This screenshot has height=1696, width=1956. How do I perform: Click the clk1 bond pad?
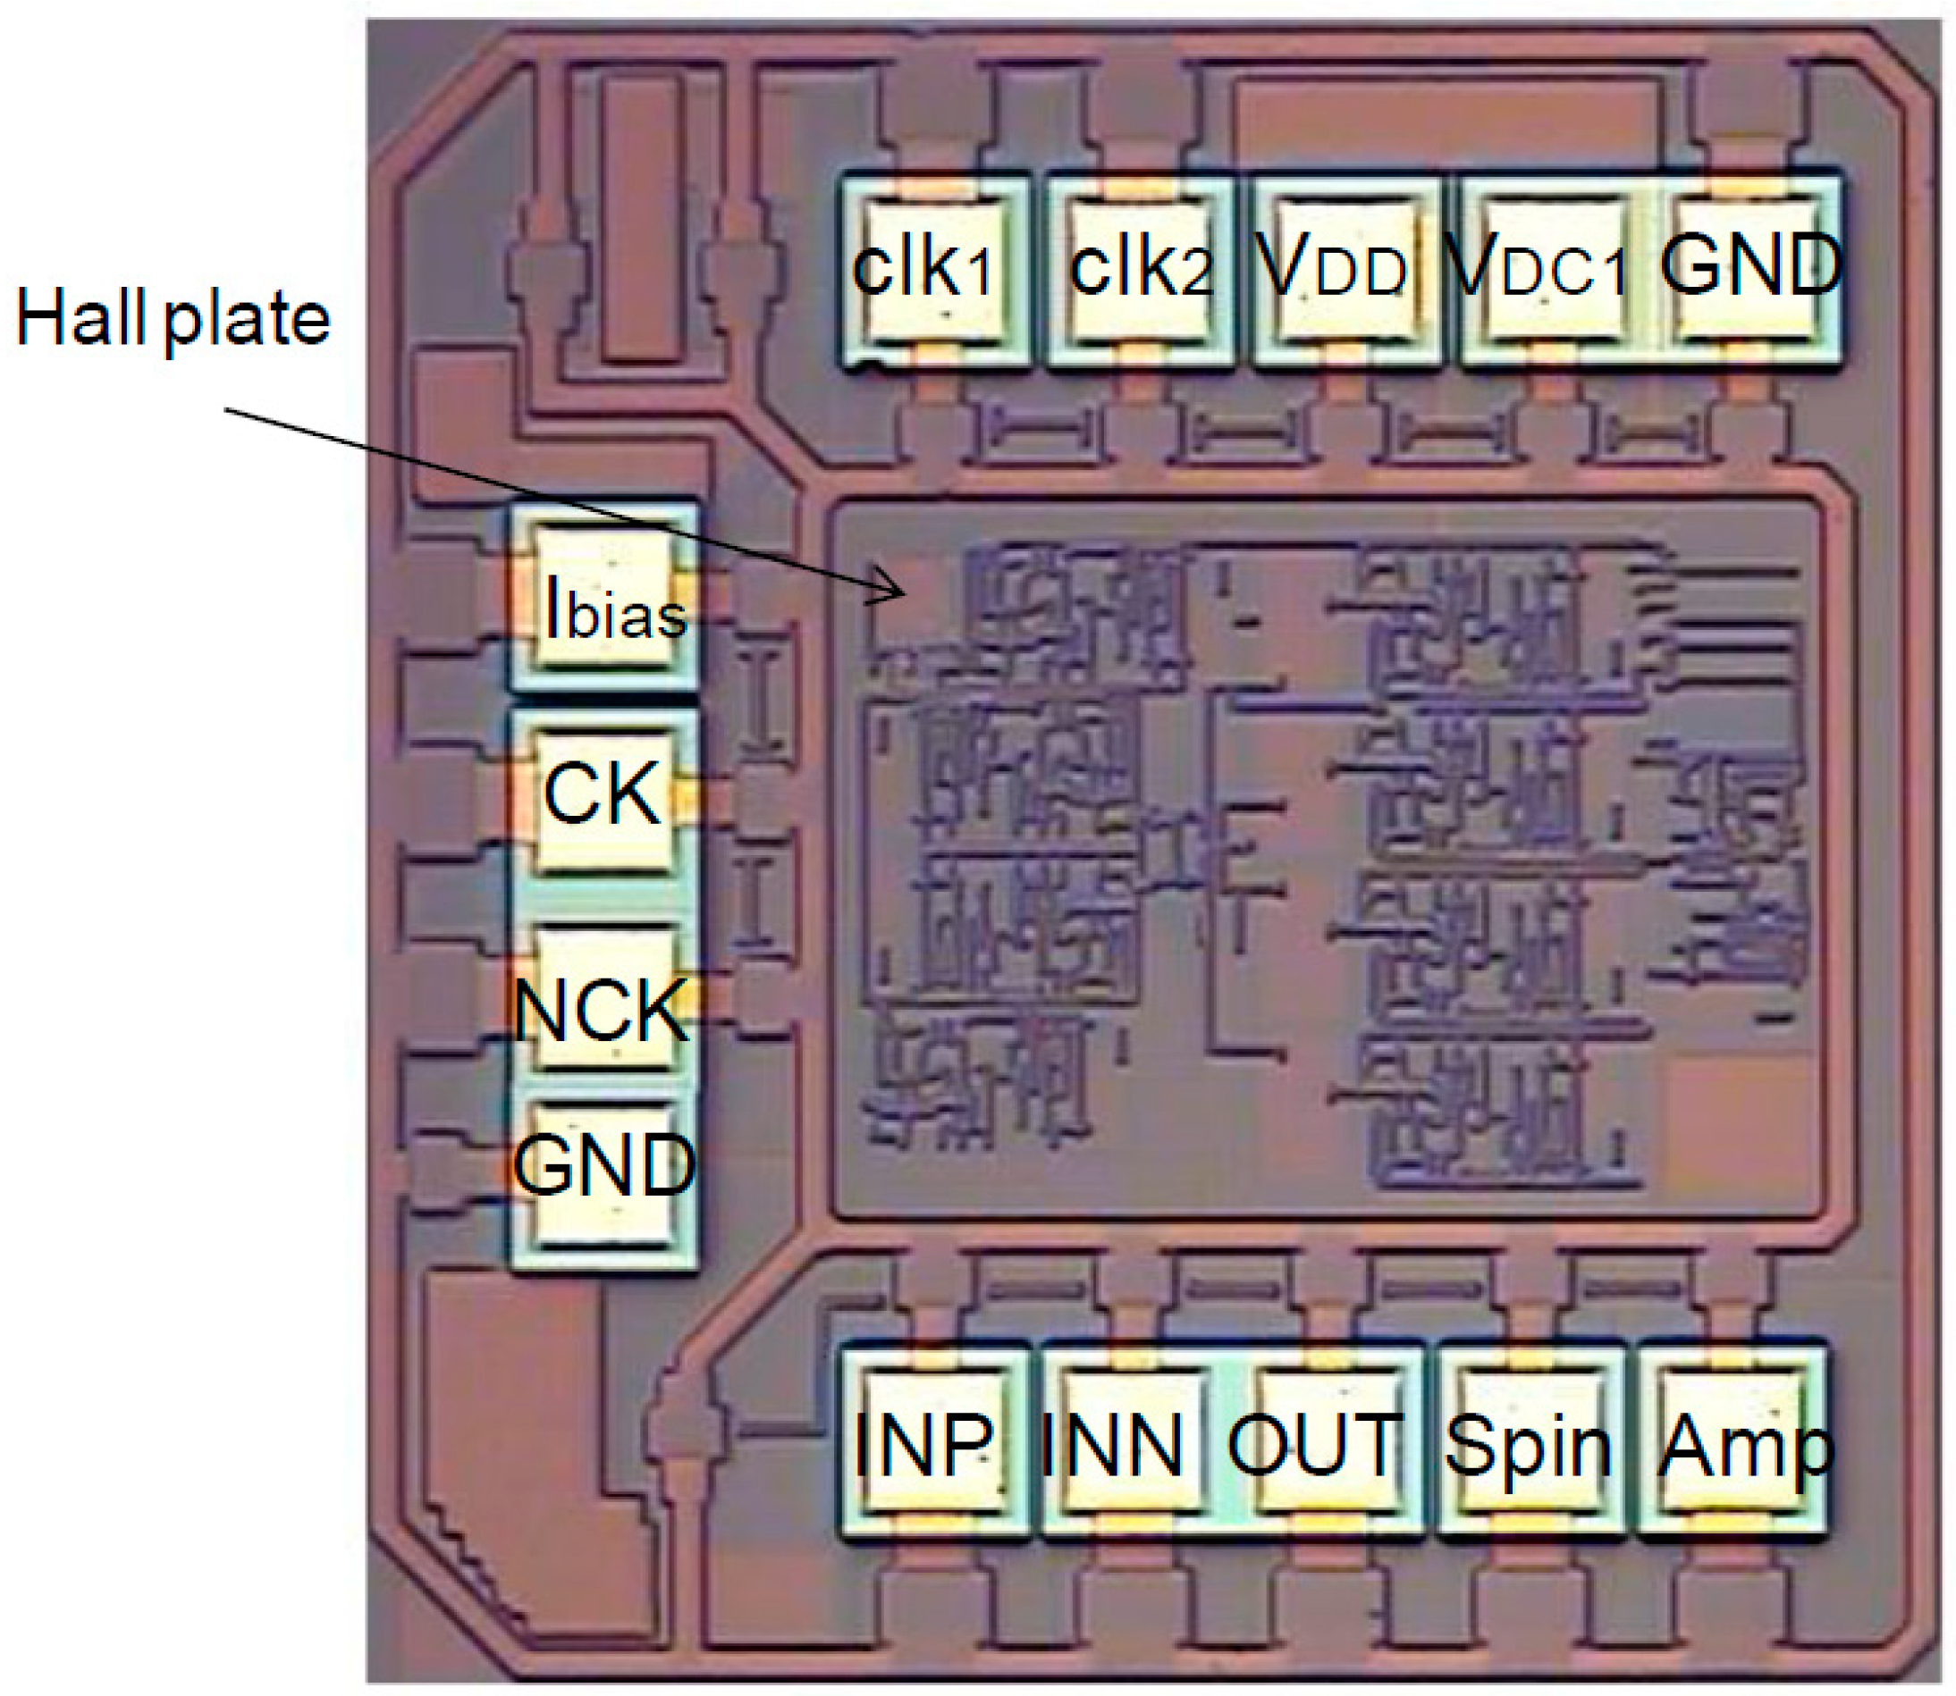click(x=933, y=270)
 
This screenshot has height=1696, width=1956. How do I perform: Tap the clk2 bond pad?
click(x=1140, y=270)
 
